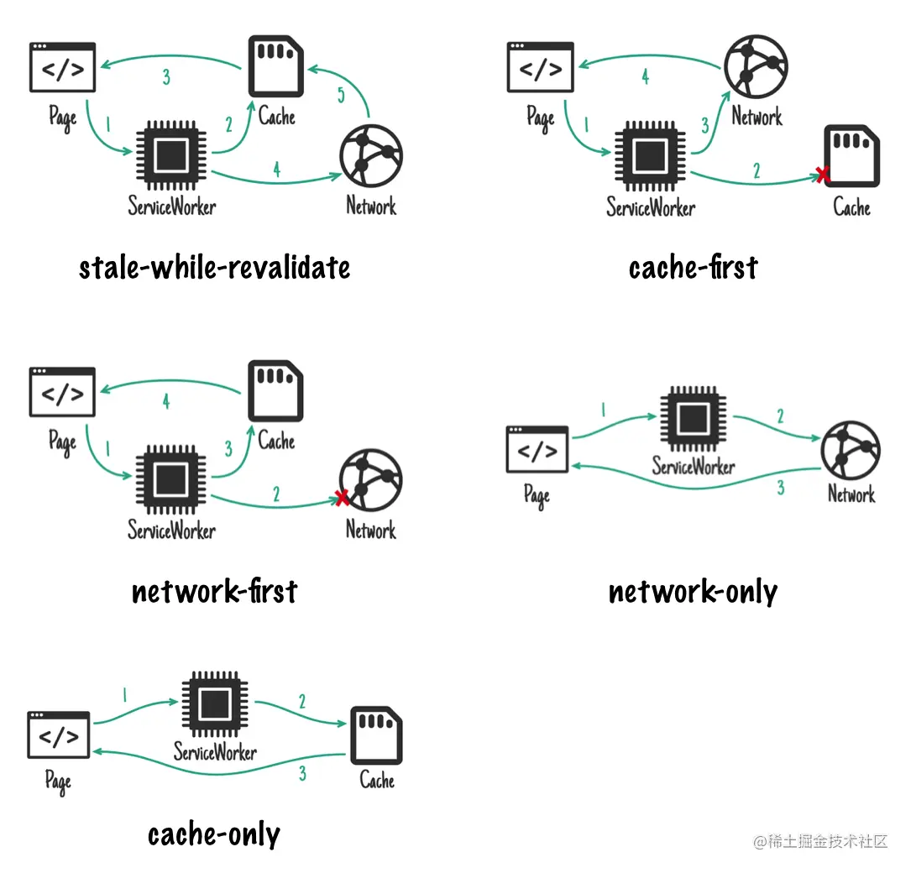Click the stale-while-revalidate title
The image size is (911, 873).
click(214, 268)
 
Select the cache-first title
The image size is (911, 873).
click(693, 268)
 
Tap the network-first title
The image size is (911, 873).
click(214, 592)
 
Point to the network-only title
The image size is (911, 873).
click(693, 592)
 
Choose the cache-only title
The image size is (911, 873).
click(214, 834)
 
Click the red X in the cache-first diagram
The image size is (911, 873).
click(822, 175)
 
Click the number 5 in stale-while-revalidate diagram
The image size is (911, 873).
click(341, 96)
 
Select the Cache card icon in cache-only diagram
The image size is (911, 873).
click(376, 734)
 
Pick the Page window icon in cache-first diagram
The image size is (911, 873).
click(540, 67)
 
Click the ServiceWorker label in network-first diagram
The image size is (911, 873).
click(171, 531)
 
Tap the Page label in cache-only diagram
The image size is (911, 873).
click(58, 782)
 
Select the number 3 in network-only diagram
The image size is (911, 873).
click(780, 488)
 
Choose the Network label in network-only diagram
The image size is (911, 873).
click(851, 494)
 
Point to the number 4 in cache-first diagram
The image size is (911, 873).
click(645, 77)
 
